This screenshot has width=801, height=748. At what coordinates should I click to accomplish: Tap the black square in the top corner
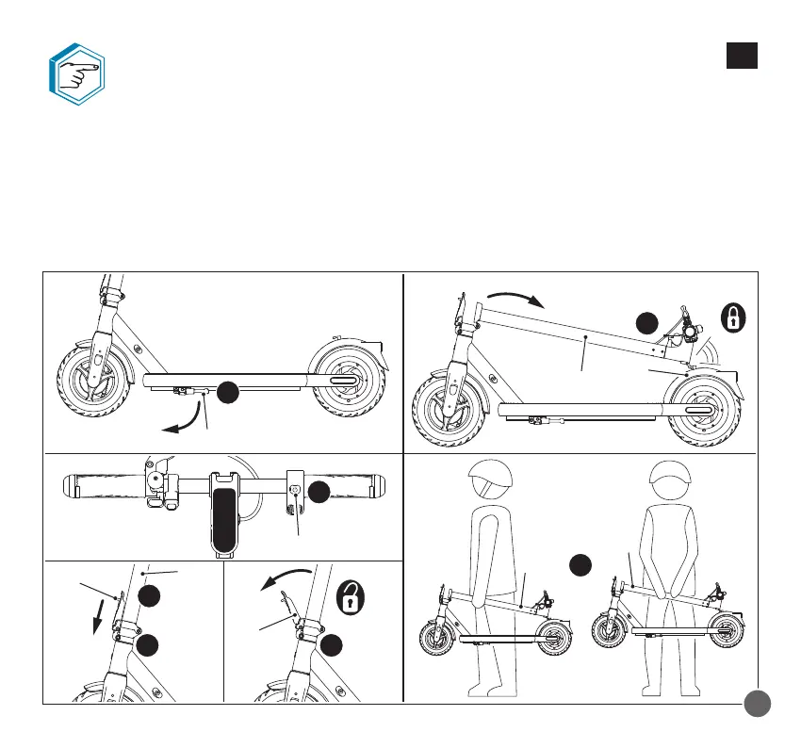[742, 57]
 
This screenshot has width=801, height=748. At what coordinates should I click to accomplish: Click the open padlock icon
[351, 596]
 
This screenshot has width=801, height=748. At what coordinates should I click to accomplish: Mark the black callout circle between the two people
[582, 566]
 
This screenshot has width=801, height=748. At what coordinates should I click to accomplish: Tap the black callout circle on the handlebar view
[318, 491]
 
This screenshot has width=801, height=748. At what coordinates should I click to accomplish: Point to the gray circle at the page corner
[757, 705]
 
